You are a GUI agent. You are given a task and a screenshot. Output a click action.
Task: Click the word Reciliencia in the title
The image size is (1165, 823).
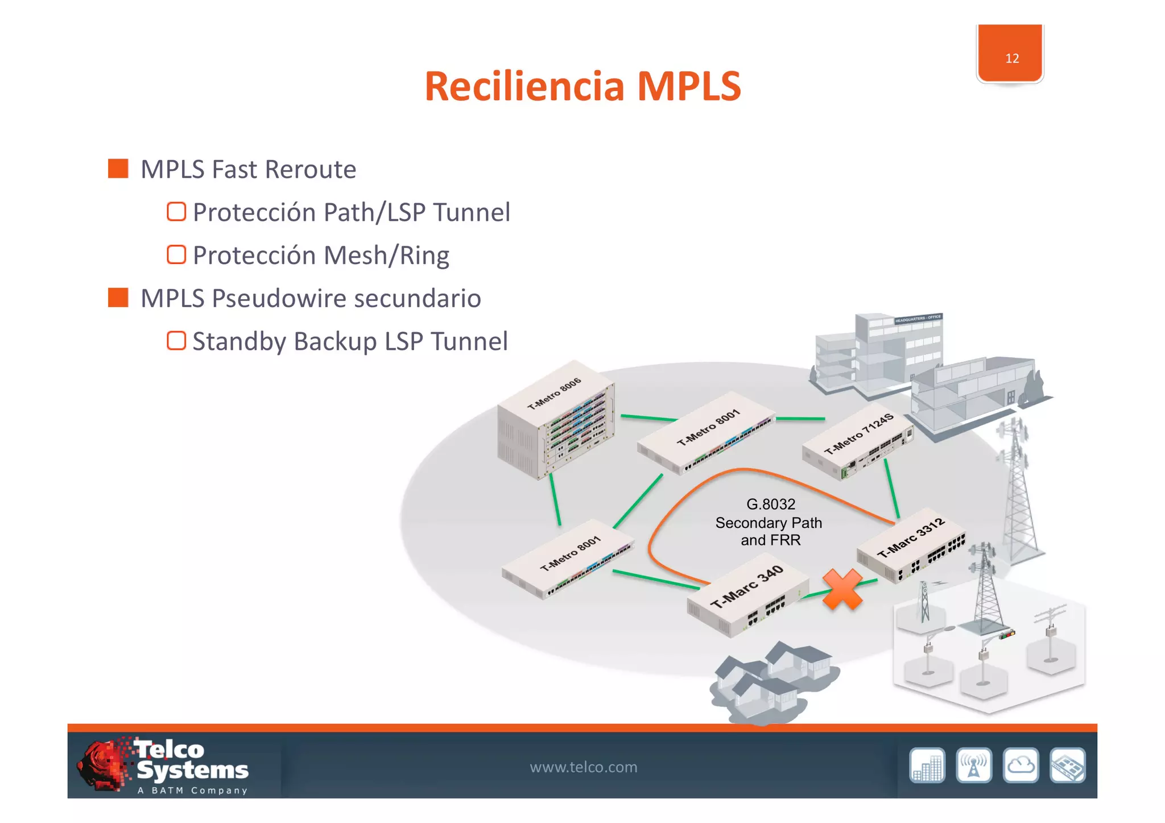point(524,87)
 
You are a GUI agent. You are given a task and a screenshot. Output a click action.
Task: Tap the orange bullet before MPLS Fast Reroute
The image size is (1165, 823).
point(118,168)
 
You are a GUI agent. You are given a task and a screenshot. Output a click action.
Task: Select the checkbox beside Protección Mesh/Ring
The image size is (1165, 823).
point(176,255)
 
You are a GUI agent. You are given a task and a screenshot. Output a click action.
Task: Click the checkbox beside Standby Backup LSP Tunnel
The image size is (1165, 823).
point(176,341)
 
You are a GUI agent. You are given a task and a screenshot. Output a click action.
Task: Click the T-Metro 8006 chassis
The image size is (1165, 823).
point(556,421)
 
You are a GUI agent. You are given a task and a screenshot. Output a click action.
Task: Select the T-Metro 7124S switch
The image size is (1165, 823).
point(858,441)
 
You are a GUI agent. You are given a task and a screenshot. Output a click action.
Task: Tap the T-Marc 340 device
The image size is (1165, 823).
point(747,597)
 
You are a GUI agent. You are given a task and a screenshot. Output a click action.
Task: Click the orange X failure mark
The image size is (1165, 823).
point(842,590)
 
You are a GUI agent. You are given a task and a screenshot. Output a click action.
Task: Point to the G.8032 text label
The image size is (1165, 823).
point(770,504)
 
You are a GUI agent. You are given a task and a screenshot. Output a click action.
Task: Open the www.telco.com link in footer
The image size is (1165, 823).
point(583,767)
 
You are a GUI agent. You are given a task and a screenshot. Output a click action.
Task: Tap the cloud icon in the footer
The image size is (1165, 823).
point(1021,766)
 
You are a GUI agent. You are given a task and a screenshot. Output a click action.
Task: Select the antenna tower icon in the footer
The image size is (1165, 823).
point(974,766)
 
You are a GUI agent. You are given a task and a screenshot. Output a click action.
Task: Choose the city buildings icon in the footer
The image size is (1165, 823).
point(927,766)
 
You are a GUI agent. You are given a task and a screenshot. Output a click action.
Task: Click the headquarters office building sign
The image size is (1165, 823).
point(918,318)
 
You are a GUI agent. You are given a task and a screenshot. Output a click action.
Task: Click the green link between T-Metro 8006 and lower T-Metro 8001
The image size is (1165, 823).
point(555,499)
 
